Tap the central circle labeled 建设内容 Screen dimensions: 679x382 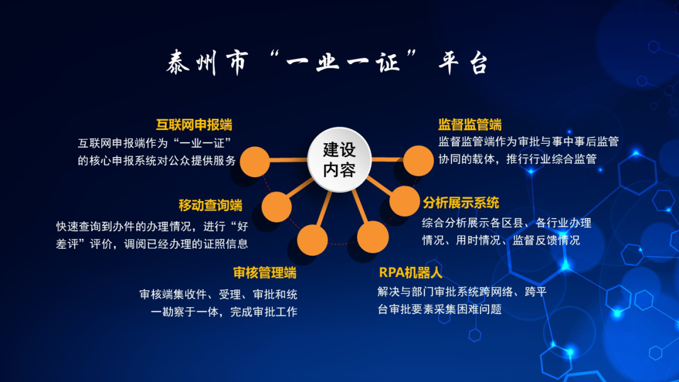point(339,160)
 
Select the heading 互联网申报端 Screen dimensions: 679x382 point(194,125)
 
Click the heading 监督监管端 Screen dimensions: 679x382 point(470,124)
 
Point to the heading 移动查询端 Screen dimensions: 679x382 point(211,205)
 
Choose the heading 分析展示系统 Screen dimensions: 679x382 point(461,202)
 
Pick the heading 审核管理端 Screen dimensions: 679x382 point(265,273)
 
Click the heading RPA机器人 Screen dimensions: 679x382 point(411,273)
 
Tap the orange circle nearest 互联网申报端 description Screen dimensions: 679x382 point(255,161)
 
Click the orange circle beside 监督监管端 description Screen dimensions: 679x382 point(418,160)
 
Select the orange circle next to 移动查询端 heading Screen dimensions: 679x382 point(277,207)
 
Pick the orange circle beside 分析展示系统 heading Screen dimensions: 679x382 point(404,200)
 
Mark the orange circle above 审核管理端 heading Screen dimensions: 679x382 point(312,239)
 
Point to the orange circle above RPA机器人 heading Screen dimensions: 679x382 point(373,237)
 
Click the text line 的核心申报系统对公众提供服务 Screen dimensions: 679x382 point(157,160)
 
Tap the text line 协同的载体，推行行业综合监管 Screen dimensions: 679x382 point(517,159)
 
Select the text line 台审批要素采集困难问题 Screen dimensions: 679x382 point(439,309)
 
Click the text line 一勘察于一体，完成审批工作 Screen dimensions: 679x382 point(224,312)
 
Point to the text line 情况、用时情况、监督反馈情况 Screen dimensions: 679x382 point(501,240)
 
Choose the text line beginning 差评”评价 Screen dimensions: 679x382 point(152,244)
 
